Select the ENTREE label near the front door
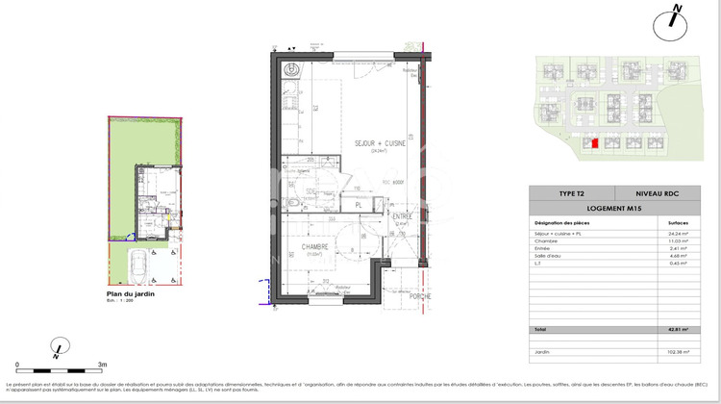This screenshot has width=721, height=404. click(402, 216)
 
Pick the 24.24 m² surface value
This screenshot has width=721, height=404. click(678, 233)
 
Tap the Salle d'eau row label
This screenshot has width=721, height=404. click(549, 255)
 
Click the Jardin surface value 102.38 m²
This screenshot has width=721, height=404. click(677, 351)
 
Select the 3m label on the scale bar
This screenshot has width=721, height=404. click(102, 366)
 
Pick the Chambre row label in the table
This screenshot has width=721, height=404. click(546, 240)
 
